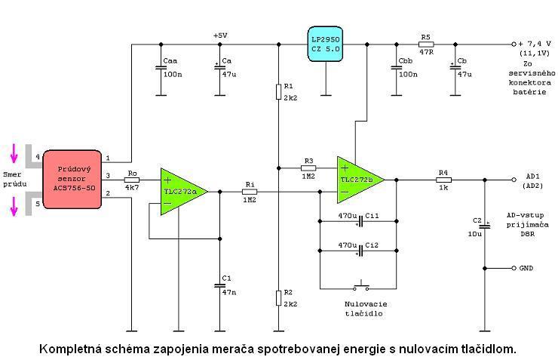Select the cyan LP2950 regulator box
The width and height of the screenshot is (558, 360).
pos(327,44)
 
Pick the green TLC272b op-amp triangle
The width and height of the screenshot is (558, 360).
pos(360,180)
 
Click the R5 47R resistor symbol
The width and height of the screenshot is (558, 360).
pos(426,44)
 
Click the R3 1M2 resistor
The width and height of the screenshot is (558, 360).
pos(307,168)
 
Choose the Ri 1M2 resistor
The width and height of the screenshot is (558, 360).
pos(249,192)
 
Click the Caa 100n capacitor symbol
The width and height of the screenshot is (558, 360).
pos(161,69)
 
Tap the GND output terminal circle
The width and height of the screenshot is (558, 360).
pos(514,268)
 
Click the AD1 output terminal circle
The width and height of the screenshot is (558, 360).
pos(514,180)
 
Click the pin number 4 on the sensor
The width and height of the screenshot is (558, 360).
pos(38,156)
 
